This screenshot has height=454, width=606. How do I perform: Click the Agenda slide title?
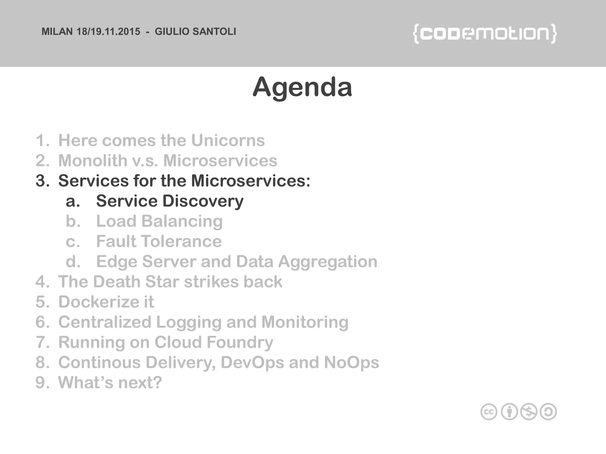302,87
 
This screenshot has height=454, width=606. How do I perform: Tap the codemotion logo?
485,34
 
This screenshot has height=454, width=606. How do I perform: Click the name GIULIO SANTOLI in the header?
195,32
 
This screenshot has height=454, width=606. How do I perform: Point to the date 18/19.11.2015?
108,32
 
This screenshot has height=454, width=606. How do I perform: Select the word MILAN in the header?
57,32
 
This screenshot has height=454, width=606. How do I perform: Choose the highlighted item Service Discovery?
170,201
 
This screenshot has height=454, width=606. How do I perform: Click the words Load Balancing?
159,221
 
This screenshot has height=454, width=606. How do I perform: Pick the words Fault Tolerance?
159,241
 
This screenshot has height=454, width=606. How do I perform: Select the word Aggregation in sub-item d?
328,262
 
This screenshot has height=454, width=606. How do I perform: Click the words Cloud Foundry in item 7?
214,342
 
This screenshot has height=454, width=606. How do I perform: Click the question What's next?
110,382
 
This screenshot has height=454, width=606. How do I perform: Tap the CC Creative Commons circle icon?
489,412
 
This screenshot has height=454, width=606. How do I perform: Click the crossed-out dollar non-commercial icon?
529,412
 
